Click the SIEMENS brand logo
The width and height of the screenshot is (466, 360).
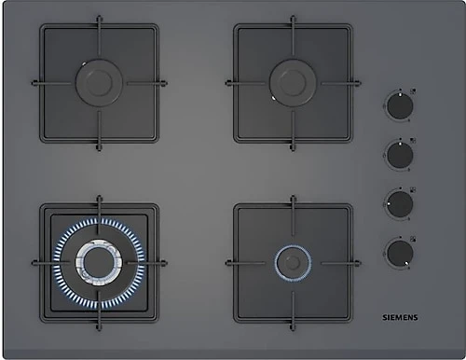click(400, 317)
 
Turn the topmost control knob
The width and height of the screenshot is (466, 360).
click(400, 106)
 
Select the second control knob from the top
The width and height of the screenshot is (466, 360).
click(400, 155)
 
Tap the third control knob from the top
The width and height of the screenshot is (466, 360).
click(400, 204)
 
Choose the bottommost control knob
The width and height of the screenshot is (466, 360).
click(400, 253)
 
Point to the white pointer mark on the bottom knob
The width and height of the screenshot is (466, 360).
click(406, 263)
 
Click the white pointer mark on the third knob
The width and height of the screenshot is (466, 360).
click(389, 203)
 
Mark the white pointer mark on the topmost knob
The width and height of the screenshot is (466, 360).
click(400, 94)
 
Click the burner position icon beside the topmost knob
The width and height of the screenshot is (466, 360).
click(413, 91)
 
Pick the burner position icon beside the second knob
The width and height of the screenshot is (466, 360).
click(413, 140)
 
